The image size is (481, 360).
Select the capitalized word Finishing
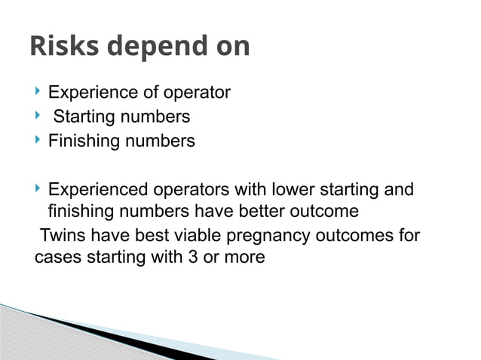(81, 142)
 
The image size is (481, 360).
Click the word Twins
(63, 236)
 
